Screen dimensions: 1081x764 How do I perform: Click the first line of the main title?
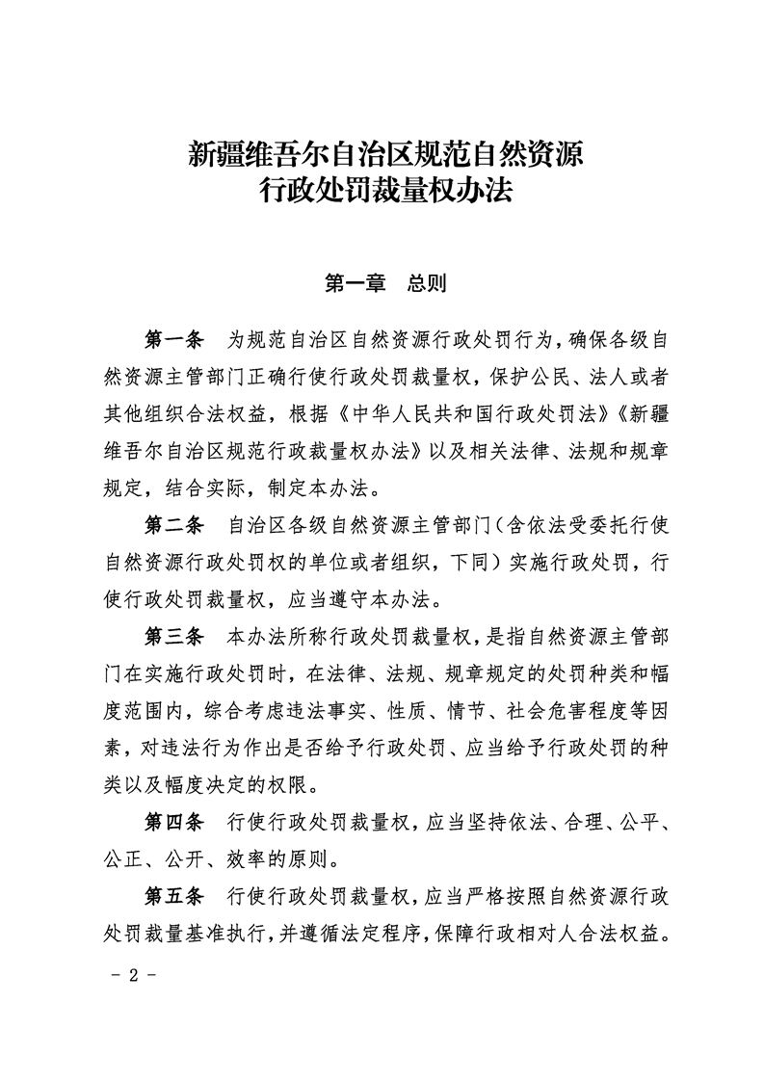385,153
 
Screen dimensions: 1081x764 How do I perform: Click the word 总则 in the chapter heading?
425,283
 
